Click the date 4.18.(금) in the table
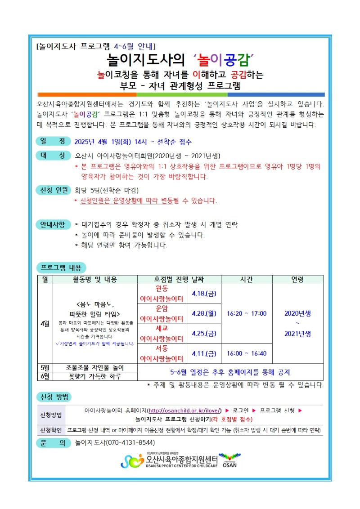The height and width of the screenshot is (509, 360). tap(204, 294)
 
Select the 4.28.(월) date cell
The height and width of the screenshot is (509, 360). tap(204, 313)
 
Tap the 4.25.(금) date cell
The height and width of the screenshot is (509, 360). tap(204, 333)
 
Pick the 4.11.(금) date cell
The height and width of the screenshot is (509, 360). tap(204, 353)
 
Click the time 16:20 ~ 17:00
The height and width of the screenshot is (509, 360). tap(247, 313)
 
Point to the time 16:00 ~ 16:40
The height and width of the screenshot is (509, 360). tap(247, 353)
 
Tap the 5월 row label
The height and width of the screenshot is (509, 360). tap(45, 368)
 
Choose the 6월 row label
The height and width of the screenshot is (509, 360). tap(45, 376)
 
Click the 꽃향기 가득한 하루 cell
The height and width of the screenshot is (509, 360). tap(95, 376)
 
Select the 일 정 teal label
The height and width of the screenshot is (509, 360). tap(53, 141)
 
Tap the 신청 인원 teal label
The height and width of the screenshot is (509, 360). tap(53, 189)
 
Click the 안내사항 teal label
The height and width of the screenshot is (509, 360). tap(53, 224)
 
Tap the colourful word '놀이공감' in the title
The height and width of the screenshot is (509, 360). tap(221, 58)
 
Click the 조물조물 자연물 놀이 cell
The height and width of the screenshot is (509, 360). tap(95, 368)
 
